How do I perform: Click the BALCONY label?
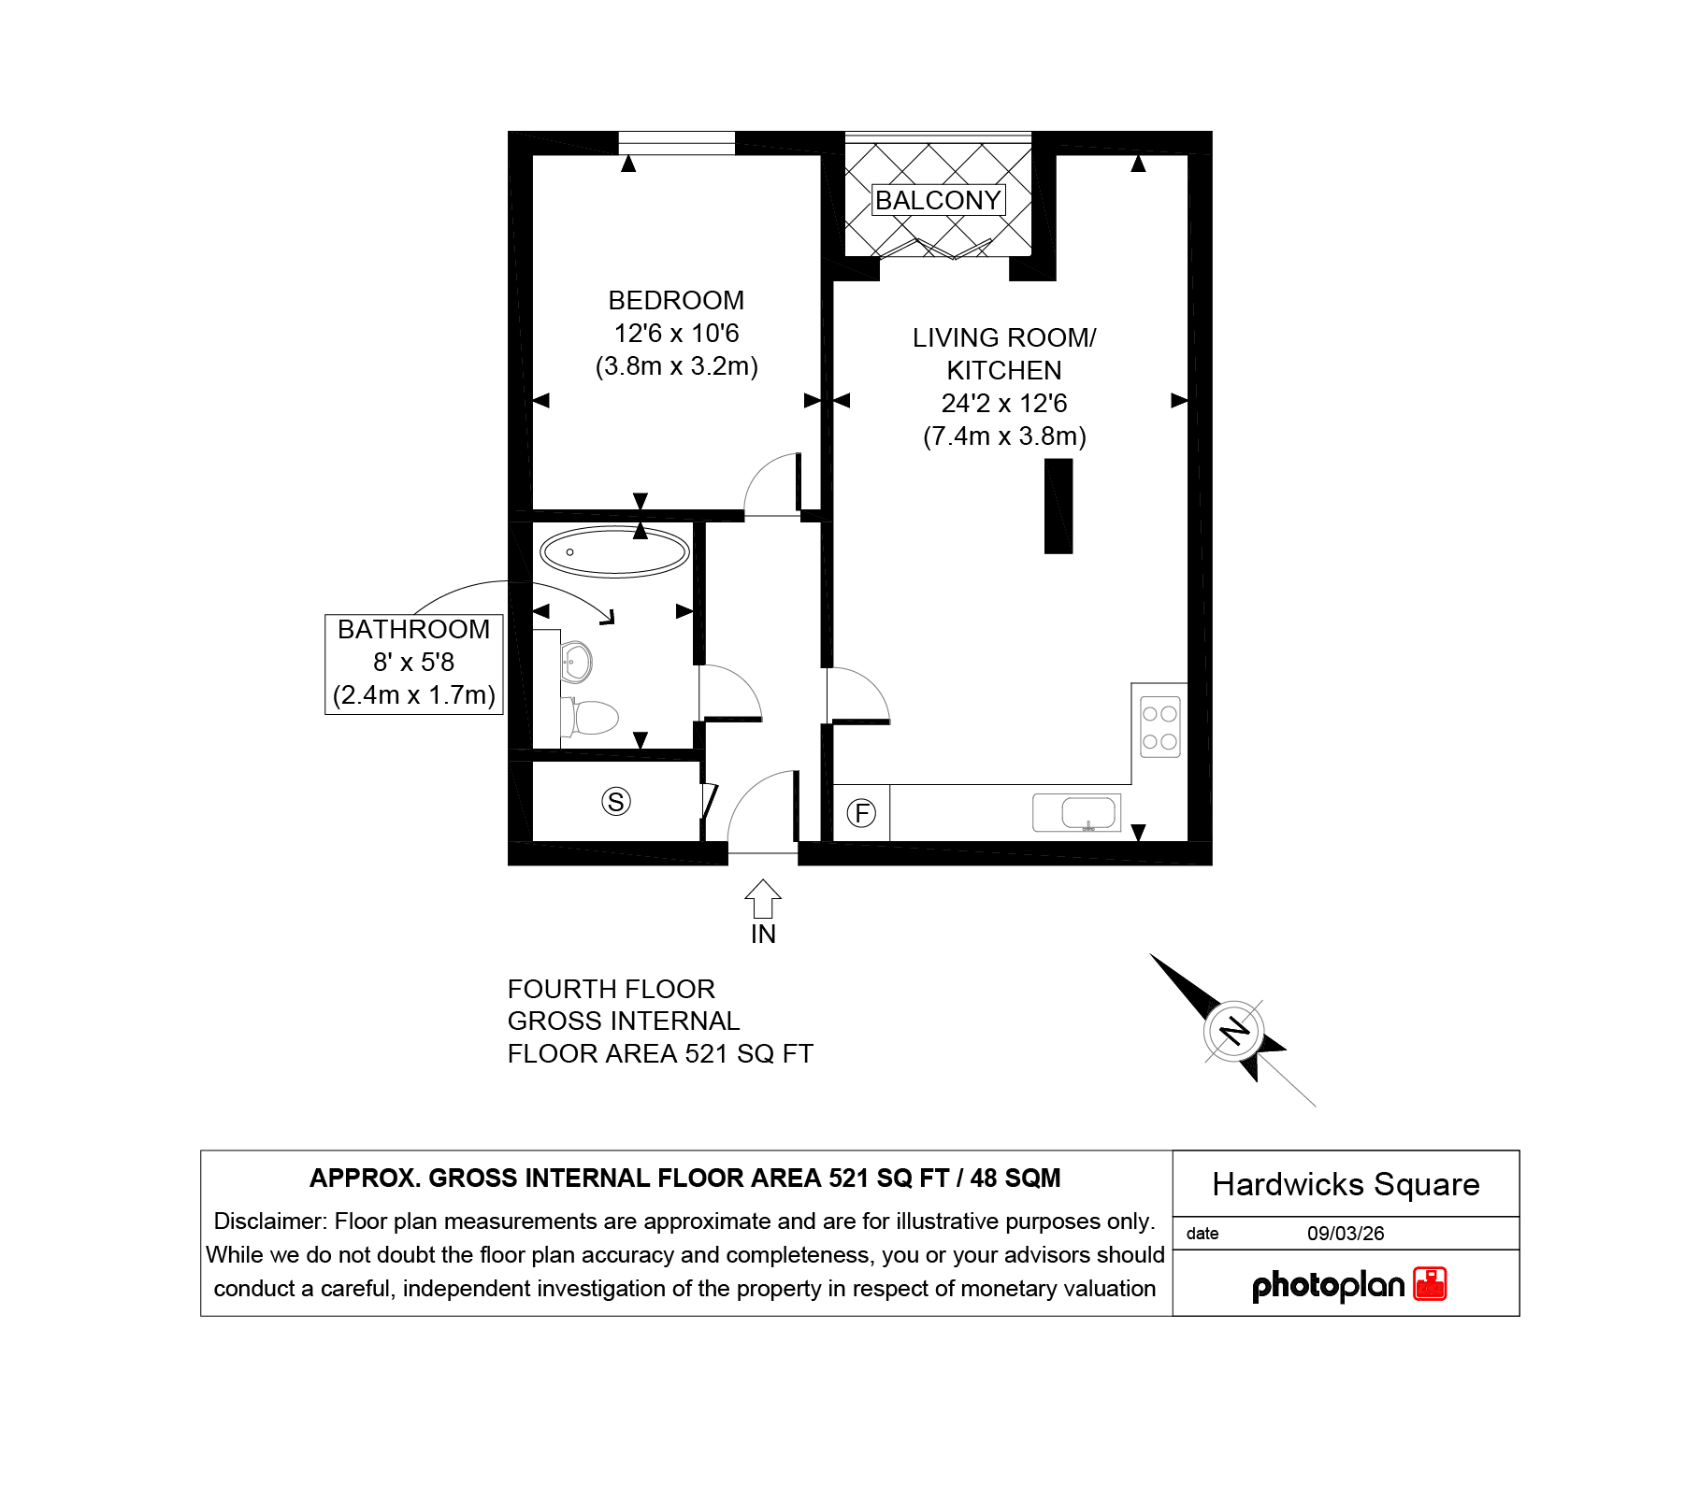point(938,200)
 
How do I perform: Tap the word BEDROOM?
point(676,300)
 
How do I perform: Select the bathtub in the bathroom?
point(614,551)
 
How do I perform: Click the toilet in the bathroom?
point(590,718)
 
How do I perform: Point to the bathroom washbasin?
point(576,663)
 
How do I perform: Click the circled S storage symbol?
point(616,801)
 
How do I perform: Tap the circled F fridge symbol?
point(861,813)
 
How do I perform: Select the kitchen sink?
point(1077,813)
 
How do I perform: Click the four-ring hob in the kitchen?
point(1160,727)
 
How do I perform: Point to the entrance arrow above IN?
point(763,899)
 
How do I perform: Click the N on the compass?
point(1235,1031)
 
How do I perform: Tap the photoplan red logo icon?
point(1430,1284)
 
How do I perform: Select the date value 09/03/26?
point(1346,1234)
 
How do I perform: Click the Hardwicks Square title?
point(1346,1184)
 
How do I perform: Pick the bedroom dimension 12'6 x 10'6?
point(676,333)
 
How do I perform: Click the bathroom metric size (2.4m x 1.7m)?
point(414,694)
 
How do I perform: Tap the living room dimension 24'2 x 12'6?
point(1004,403)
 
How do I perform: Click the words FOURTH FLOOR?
point(612,989)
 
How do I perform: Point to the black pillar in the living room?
point(1058,507)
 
